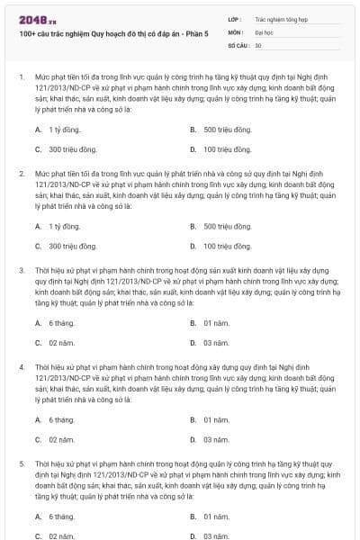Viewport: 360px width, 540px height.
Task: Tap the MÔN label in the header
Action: pyautogui.click(x=236, y=31)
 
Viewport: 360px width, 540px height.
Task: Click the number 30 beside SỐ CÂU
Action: pyautogui.click(x=258, y=44)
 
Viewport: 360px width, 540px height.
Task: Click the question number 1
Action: pyautogui.click(x=21, y=77)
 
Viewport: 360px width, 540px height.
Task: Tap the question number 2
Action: pyautogui.click(x=21, y=171)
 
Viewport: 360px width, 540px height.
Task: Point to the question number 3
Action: pyautogui.click(x=21, y=269)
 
